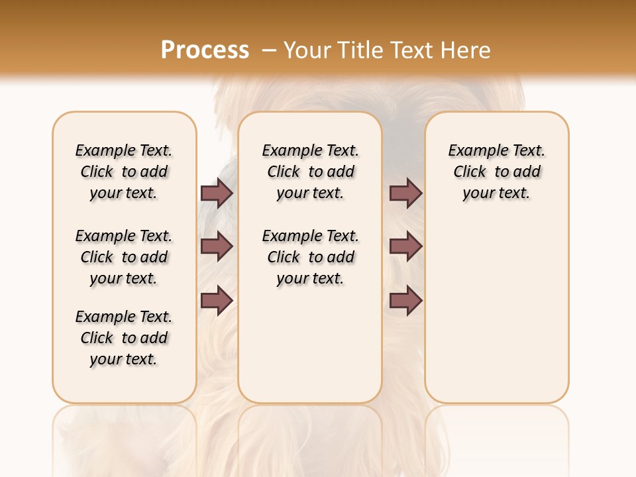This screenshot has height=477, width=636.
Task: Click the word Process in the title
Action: coord(205,50)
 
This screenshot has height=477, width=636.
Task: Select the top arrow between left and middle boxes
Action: coord(217,193)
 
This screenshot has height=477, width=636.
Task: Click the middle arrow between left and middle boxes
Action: coord(217,246)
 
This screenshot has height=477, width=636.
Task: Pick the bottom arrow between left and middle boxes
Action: coord(217,301)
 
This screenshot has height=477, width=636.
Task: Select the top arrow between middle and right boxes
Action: coord(405,193)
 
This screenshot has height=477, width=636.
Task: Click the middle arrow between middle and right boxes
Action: coord(405,246)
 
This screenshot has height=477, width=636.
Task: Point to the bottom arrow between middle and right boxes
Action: coord(405,301)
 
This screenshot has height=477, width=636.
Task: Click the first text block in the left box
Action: coord(124,172)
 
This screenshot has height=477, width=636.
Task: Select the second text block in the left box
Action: coord(124,257)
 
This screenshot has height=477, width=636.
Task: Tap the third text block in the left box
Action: coord(124,338)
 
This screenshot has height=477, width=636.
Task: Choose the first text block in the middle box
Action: coord(310,172)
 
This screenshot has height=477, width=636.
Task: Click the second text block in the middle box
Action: coord(310,257)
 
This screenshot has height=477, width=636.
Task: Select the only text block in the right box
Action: coord(496,172)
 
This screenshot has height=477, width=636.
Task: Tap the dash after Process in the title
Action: coord(269,50)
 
